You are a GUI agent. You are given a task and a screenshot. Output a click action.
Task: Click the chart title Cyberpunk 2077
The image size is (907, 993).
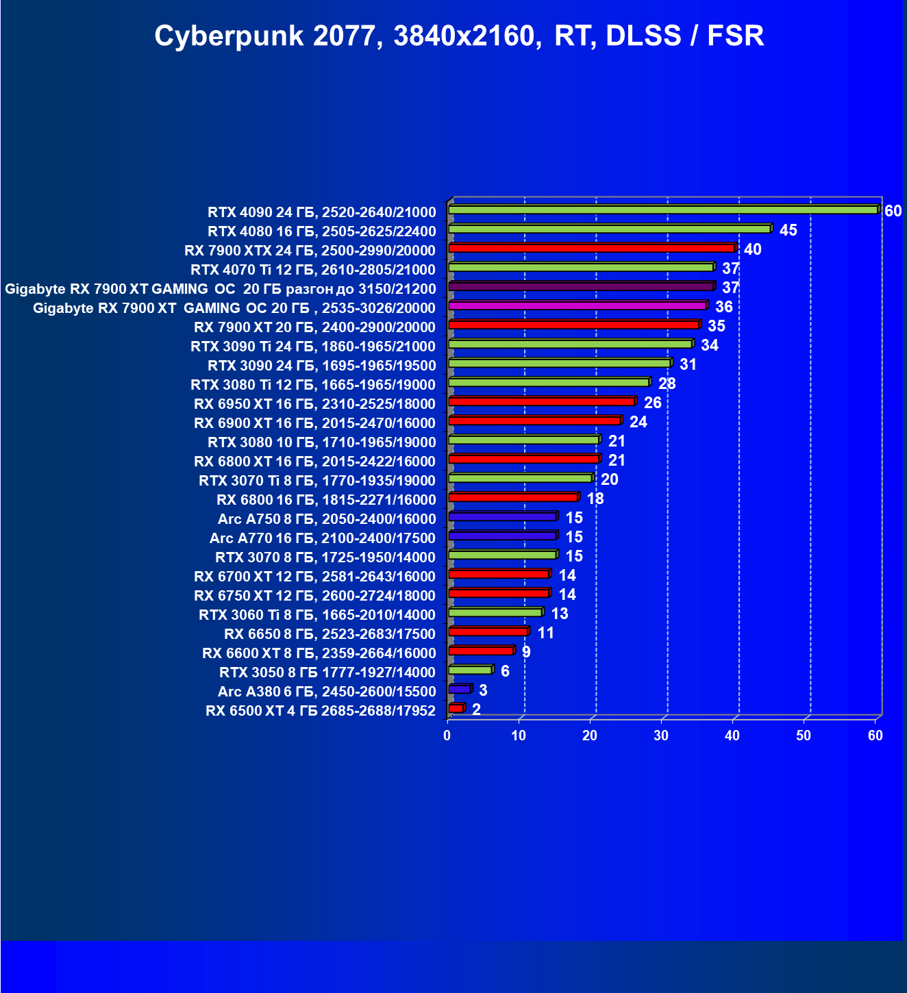pyautogui.click(x=458, y=36)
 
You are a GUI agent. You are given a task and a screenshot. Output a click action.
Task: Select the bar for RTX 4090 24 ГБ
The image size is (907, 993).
pyautogui.click(x=662, y=210)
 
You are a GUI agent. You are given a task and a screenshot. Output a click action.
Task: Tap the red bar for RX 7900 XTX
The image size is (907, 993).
pyautogui.click(x=591, y=248)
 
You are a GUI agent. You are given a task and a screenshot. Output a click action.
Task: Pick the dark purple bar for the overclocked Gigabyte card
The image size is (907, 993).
pyautogui.click(x=581, y=286)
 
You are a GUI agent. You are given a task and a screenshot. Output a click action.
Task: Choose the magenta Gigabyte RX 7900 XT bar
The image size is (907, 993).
pyautogui.click(x=577, y=305)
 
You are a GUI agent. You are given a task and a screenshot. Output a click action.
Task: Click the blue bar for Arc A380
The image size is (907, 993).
pyautogui.click(x=459, y=689)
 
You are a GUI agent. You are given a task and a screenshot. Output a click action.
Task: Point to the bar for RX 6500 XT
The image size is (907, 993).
pyautogui.click(x=456, y=708)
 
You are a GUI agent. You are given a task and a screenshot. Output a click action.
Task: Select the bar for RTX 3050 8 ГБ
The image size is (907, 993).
pyautogui.click(x=470, y=670)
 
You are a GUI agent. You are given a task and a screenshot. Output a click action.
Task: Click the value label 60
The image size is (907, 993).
pyautogui.click(x=893, y=211)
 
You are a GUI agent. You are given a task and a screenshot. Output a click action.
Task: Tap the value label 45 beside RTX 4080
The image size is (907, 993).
pyautogui.click(x=788, y=230)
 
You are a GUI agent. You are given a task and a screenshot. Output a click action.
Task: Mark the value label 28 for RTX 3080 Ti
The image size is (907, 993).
pyautogui.click(x=667, y=384)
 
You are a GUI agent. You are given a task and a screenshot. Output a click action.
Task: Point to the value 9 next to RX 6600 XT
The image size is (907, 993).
pyautogui.click(x=525, y=652)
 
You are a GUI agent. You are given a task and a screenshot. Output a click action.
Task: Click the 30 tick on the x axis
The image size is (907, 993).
pyautogui.click(x=661, y=736)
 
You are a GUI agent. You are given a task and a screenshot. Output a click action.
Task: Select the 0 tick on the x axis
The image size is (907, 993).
pyautogui.click(x=447, y=736)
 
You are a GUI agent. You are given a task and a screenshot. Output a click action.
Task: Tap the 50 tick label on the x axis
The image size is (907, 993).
pyautogui.click(x=804, y=736)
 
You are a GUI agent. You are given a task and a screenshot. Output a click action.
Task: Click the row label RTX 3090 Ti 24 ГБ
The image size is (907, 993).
pyautogui.click(x=312, y=347)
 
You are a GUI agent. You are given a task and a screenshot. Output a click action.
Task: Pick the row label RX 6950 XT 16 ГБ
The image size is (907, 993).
pyautogui.click(x=314, y=404)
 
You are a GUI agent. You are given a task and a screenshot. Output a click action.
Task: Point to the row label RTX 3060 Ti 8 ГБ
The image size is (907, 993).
pyautogui.click(x=316, y=615)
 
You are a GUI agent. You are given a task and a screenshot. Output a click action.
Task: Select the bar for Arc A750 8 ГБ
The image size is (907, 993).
pyautogui.click(x=502, y=516)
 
